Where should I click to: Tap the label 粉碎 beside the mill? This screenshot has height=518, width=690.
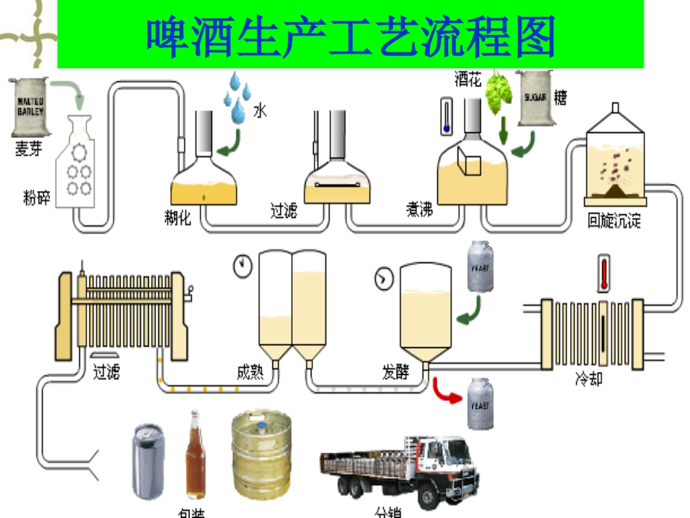(37, 197)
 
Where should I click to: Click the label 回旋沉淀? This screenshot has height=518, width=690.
(614, 221)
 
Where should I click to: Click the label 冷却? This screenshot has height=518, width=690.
(589, 379)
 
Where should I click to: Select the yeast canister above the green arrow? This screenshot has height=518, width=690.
(480, 267)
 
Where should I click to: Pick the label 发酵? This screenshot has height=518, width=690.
(396, 372)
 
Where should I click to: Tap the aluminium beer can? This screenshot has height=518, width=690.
(149, 462)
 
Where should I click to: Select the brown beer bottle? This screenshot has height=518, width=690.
(195, 455)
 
